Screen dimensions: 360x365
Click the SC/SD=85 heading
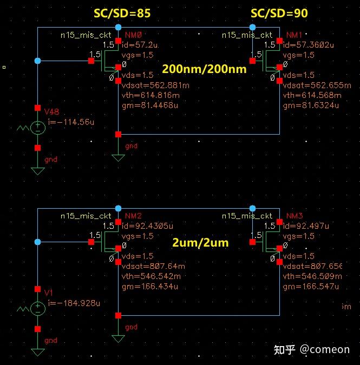point(122,13)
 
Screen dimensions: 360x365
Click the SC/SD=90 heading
point(279,13)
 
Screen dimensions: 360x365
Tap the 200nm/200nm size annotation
point(204,69)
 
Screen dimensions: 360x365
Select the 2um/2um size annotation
point(200,243)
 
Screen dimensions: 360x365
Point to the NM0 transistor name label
point(133,35)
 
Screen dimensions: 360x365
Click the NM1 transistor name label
point(294,35)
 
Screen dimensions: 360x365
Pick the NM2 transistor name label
point(133,216)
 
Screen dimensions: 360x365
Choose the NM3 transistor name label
point(294,216)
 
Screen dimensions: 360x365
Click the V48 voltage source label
point(52,112)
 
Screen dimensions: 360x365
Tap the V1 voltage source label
point(49,293)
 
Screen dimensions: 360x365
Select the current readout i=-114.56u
point(71,122)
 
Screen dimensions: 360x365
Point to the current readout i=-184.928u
point(74,303)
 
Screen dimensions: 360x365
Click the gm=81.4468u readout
point(150,105)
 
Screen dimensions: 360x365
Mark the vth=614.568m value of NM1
point(312,95)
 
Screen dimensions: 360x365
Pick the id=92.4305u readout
point(147,226)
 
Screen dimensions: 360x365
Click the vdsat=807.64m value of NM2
point(153,266)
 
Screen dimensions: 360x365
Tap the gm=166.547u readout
point(311,287)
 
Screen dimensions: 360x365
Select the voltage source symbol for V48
point(37,128)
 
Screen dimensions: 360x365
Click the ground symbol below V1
point(37,352)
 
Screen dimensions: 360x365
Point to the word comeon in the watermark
point(330,349)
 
